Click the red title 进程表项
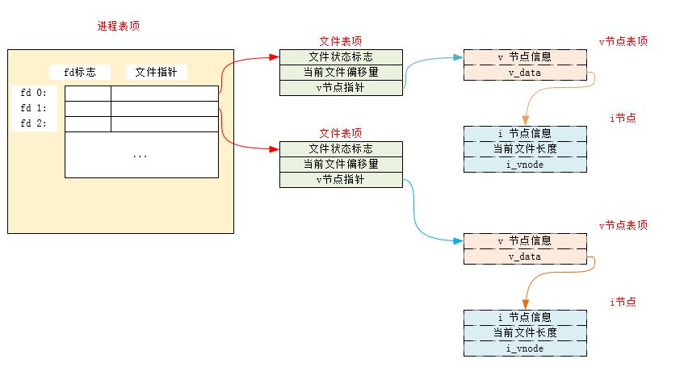(x=119, y=26)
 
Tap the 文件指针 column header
(x=157, y=73)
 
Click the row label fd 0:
(x=34, y=93)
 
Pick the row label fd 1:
(x=34, y=108)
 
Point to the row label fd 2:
(x=34, y=123)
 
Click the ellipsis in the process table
(x=141, y=155)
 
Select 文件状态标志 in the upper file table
(x=341, y=57)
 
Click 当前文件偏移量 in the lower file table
(x=341, y=164)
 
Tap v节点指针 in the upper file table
(x=341, y=88)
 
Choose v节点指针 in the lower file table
(x=341, y=180)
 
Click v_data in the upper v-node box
(x=525, y=73)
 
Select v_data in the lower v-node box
(x=525, y=257)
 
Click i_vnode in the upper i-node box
(x=525, y=165)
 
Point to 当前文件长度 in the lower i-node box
(x=525, y=332)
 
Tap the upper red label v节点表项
(x=623, y=41)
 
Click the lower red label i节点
(x=623, y=302)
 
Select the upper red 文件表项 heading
(x=341, y=41)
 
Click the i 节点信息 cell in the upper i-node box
(x=525, y=133)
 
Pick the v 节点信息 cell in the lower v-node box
(x=525, y=240)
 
